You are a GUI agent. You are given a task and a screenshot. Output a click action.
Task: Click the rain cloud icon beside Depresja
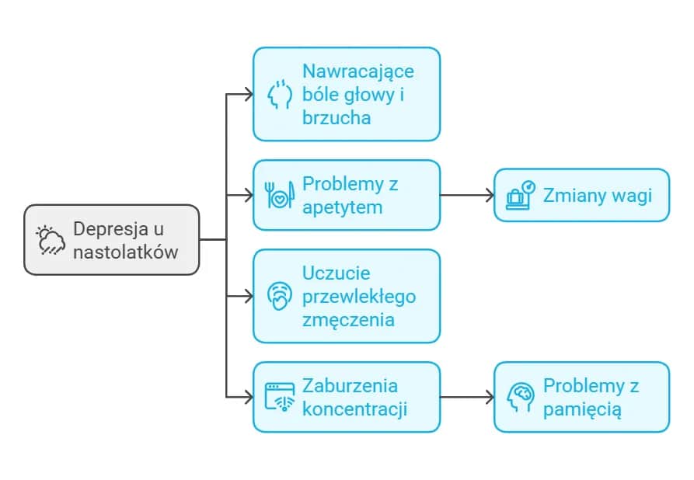(51, 240)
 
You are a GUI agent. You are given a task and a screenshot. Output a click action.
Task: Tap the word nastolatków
(126, 252)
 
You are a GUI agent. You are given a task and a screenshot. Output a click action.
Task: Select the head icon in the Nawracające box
(279, 94)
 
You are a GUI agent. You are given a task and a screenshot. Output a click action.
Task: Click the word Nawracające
(358, 71)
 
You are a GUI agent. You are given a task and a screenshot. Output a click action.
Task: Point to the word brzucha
(337, 118)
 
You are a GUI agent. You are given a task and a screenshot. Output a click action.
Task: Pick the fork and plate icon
(279, 195)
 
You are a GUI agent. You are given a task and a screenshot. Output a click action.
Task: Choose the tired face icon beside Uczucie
(279, 296)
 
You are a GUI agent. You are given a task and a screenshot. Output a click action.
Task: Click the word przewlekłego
(359, 296)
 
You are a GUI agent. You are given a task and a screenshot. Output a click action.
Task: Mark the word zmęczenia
(348, 319)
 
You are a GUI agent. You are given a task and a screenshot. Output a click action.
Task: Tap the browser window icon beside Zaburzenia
(279, 397)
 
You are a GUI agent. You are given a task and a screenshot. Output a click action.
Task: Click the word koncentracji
(355, 409)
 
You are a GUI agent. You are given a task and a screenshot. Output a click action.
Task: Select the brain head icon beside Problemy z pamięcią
(520, 397)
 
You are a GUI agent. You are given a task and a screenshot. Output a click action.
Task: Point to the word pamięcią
(582, 409)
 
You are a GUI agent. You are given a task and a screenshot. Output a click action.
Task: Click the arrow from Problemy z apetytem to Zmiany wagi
(466, 195)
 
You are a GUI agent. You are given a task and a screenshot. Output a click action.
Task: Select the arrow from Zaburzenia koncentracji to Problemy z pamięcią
(466, 397)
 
